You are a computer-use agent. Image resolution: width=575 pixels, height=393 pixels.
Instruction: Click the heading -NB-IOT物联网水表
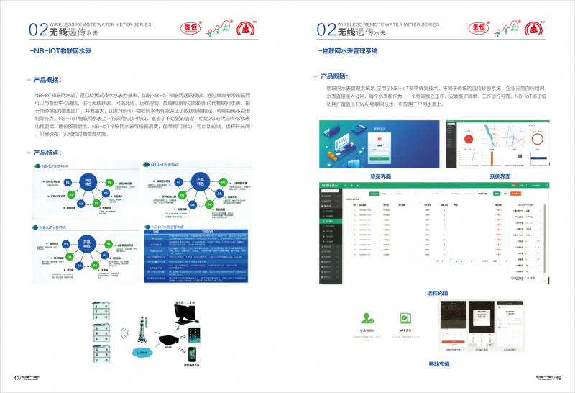click(x=61, y=51)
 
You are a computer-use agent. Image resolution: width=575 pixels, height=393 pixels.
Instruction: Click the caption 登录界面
click(x=380, y=176)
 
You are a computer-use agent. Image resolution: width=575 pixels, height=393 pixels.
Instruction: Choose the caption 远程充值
click(x=438, y=293)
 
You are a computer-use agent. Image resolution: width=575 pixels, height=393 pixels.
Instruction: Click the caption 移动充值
click(x=438, y=363)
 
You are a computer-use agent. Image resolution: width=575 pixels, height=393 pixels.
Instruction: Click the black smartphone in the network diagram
click(x=192, y=354)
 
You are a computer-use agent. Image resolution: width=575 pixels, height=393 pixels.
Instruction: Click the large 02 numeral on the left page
click(x=38, y=30)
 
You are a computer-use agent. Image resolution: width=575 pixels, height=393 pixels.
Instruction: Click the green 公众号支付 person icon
click(x=367, y=318)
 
